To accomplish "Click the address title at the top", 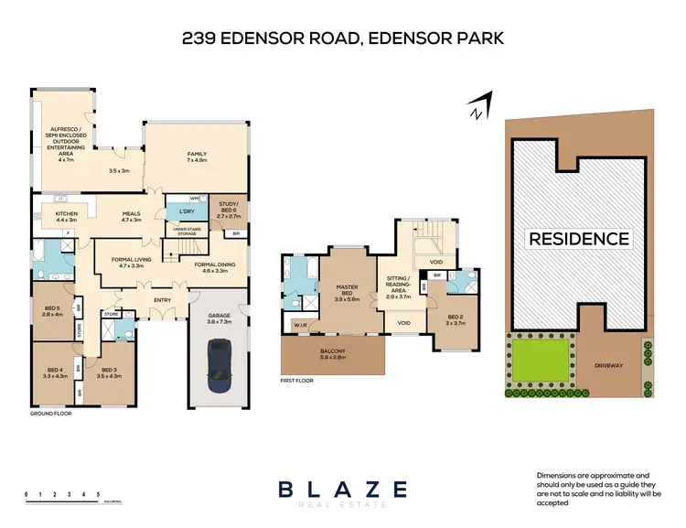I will coord(342,39).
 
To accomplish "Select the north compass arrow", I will coord(477,107).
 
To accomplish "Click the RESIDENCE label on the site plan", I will coord(577,239).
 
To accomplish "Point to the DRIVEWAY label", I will coord(607,365).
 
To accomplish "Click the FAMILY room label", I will coord(197,156).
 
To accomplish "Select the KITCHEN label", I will coord(67,217).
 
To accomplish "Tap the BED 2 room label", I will coord(455,319).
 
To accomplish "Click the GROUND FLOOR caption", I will coord(50,414).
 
